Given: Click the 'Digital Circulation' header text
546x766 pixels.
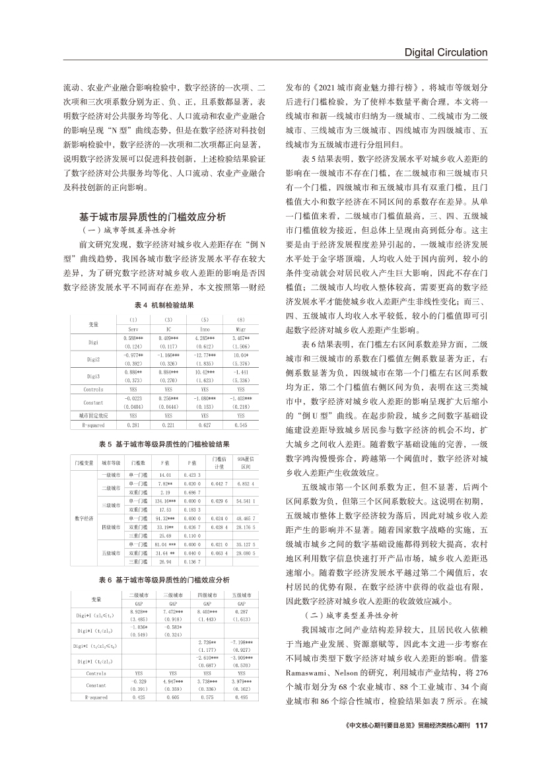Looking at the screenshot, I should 446,52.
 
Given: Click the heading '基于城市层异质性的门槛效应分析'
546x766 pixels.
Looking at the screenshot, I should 153,217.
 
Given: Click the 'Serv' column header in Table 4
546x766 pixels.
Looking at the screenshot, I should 133,328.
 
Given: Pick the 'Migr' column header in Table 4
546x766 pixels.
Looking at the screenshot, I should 241,328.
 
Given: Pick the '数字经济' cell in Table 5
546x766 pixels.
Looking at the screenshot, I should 83,536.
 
